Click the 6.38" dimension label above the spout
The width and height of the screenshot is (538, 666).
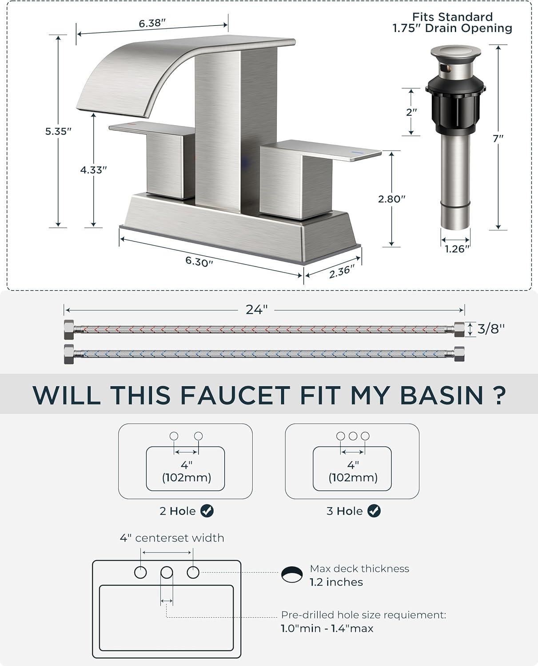point(152,23)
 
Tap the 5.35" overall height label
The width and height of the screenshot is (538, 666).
point(58,131)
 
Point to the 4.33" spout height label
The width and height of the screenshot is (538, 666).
point(94,170)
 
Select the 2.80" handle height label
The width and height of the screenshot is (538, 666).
point(391,199)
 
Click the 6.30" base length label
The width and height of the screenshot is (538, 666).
point(199,262)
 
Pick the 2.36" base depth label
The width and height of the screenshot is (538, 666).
point(342,271)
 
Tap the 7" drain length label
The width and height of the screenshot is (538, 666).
point(498,138)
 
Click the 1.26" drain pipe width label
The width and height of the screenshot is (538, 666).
point(457,249)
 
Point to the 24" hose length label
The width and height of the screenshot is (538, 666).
point(256,309)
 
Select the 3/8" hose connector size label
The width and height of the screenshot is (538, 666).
point(491,329)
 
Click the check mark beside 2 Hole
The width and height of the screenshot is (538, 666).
point(207,511)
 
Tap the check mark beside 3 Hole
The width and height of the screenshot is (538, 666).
point(374,511)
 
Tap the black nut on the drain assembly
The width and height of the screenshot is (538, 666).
point(455,105)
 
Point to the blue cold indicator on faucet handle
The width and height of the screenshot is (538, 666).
point(358,153)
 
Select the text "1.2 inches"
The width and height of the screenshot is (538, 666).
point(336,582)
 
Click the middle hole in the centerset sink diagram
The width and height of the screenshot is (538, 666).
point(167,572)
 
